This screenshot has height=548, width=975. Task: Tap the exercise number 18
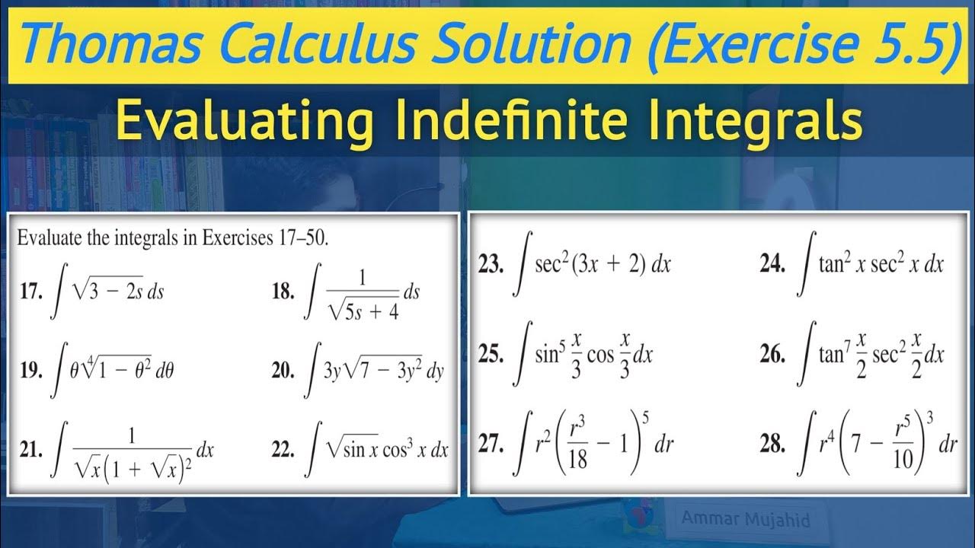point(283,293)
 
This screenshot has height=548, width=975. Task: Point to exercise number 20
point(283,371)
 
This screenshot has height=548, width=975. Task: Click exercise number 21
point(30,451)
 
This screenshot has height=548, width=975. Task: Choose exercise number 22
point(283,451)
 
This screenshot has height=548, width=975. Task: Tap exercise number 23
point(491,265)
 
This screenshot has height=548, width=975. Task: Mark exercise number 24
point(772,265)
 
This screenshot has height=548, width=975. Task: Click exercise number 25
point(491,355)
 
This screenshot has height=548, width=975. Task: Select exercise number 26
point(772,355)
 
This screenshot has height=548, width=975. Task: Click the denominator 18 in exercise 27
point(578,460)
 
